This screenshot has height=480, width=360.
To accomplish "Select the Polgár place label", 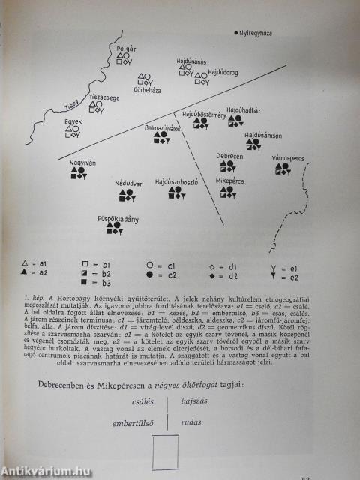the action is (x=125, y=48).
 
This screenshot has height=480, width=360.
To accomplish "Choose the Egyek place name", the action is (x=73, y=121).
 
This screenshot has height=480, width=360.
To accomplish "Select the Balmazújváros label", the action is (x=164, y=128).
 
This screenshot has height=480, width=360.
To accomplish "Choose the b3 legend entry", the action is (x=97, y=283).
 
